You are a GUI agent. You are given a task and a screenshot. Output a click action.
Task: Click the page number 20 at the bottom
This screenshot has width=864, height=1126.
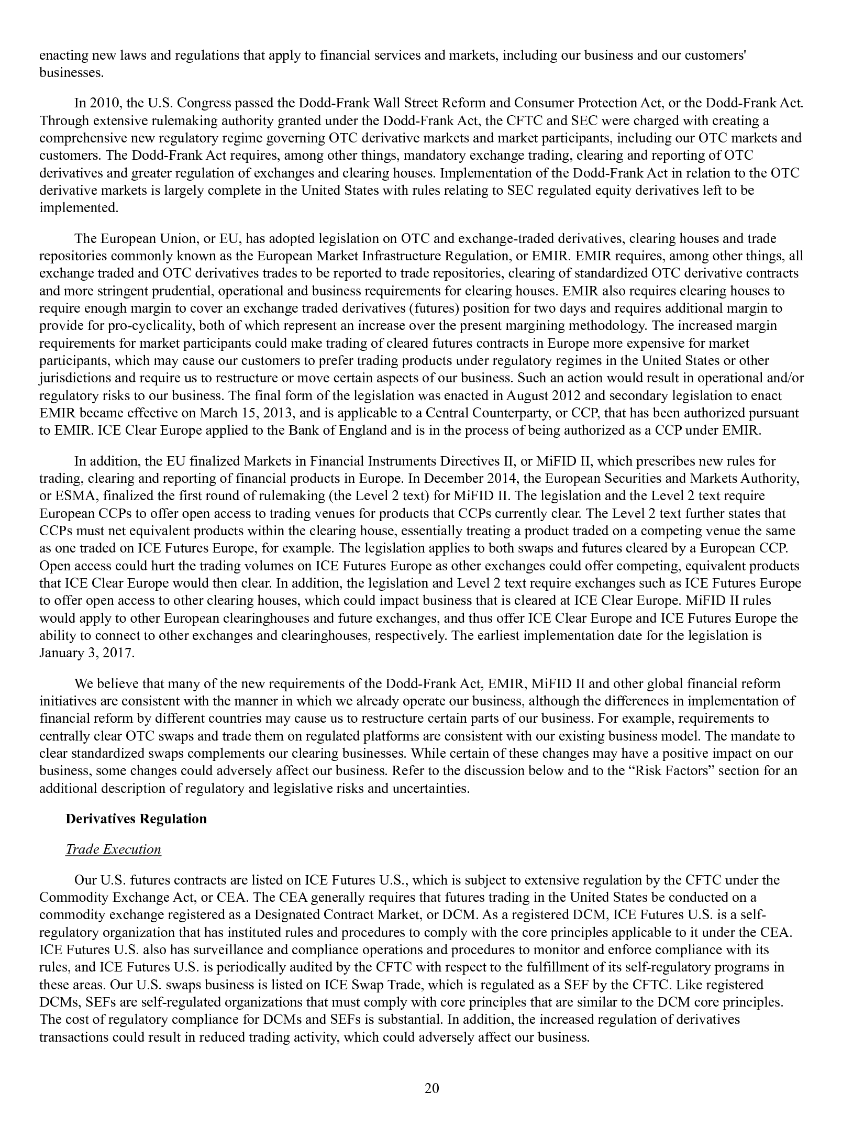click(431, 1089)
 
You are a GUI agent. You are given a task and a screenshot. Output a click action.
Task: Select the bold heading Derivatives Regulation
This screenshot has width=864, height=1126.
click(136, 819)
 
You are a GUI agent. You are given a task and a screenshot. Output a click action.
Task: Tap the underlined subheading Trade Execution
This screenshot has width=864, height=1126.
click(113, 849)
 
